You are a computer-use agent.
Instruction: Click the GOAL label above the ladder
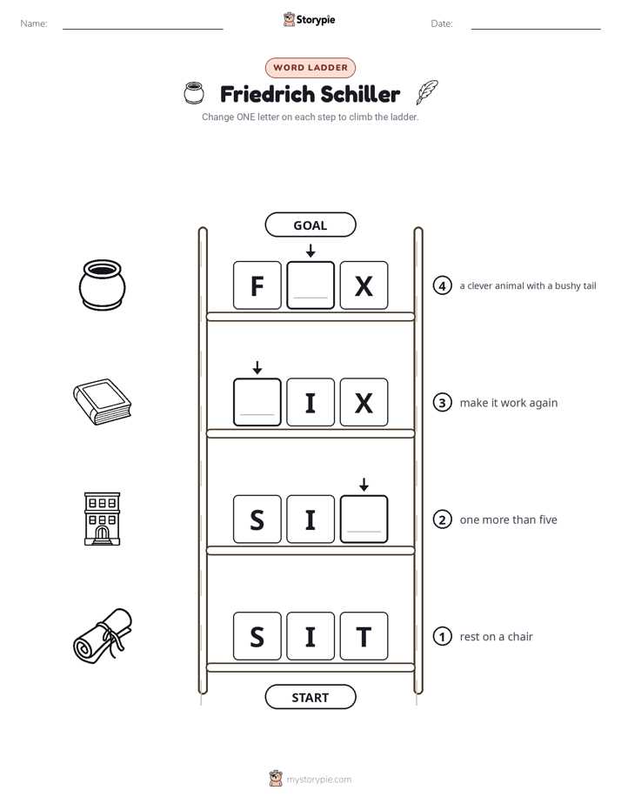[310, 225]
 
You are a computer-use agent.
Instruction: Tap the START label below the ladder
[310, 697]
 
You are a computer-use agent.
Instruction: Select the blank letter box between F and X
[310, 285]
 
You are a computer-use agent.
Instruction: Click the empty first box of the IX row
[257, 402]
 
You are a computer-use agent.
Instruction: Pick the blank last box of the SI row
[364, 519]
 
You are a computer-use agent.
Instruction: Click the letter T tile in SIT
[364, 636]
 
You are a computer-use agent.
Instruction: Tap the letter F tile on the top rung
[257, 285]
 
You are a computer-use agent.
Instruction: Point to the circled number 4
[442, 285]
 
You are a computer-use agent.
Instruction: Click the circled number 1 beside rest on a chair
[442, 636]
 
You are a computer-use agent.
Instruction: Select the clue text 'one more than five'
[508, 519]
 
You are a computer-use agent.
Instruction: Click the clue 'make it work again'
[509, 403]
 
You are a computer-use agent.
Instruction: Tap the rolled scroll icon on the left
[103, 636]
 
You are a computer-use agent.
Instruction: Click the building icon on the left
[102, 519]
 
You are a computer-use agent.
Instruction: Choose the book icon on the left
[102, 402]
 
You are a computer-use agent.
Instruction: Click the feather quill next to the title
[427, 91]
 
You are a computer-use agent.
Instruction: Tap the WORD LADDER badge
[310, 68]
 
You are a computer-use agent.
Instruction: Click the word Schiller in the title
[360, 94]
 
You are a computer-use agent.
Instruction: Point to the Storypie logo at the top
[309, 19]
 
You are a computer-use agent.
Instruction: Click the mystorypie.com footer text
[318, 780]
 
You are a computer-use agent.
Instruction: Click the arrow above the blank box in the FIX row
[257, 367]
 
